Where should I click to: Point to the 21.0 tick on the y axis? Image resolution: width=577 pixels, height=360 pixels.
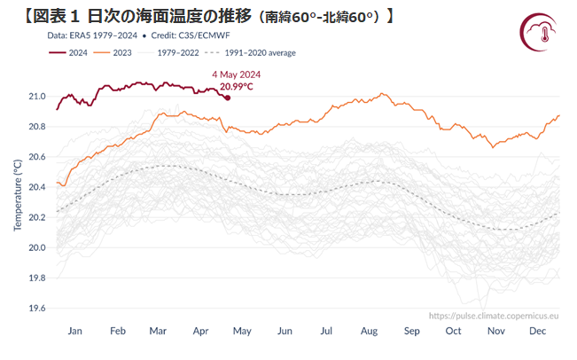coord(38,96)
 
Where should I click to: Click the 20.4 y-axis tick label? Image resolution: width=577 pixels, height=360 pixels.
coord(38,187)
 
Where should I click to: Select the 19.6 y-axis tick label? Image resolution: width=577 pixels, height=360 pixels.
coord(38,309)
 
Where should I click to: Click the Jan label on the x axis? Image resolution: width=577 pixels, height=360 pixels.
coord(74,331)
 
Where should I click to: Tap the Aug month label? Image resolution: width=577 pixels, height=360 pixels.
coord(370,331)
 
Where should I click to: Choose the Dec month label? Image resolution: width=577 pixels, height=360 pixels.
coord(538,331)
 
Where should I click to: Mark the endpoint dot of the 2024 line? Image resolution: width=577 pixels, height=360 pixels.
coord(228,98)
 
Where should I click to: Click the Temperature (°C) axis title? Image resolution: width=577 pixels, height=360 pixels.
coord(18,196)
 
